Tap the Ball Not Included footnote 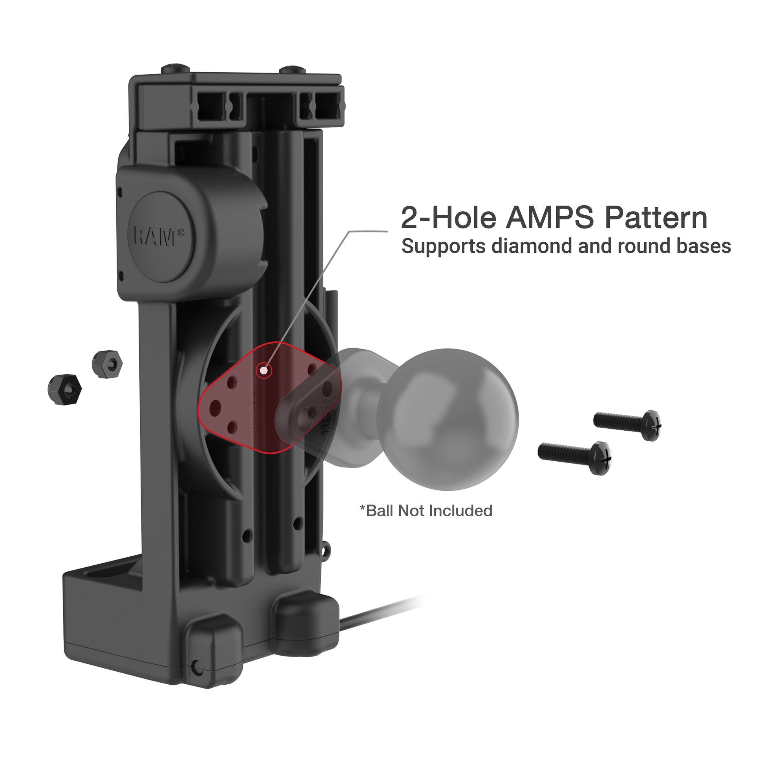point(426,510)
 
